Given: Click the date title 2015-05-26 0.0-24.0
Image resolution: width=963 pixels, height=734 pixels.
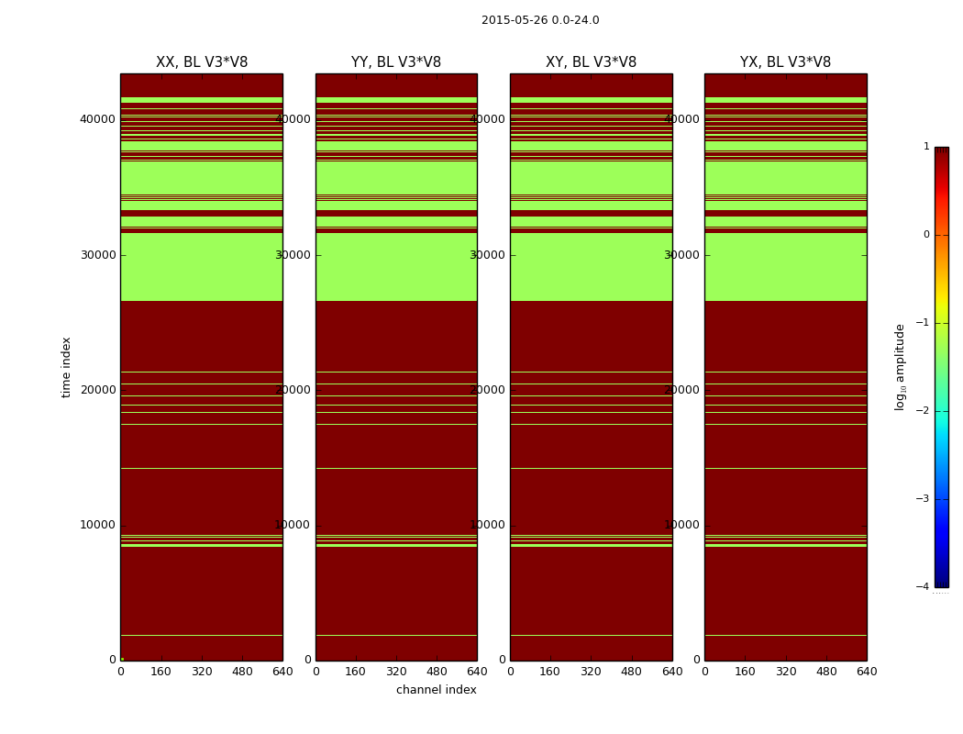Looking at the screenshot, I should pos(540,20).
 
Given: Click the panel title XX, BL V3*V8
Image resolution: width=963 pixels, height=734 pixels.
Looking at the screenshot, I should pos(202,62).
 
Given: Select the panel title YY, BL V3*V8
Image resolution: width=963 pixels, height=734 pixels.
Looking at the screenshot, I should pos(396,62).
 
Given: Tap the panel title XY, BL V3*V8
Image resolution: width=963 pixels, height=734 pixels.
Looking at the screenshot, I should pos(591,62).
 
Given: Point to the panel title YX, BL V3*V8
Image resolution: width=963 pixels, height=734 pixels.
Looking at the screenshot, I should pos(785,62).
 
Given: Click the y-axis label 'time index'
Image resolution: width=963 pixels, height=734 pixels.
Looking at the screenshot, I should pos(66,366).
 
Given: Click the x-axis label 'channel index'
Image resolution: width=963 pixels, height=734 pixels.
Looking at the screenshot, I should pos(437,690).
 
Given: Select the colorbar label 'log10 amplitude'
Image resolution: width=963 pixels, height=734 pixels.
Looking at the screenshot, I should pos(901,366).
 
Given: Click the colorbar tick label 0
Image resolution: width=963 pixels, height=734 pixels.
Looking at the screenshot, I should pos(926,235).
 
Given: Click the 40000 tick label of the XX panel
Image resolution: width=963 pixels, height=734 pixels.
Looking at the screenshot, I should pos(97,119).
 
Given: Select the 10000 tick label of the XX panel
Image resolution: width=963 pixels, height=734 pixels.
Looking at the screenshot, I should pos(97,525).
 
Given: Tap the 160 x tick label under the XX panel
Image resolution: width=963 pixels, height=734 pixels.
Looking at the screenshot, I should pos(161,672).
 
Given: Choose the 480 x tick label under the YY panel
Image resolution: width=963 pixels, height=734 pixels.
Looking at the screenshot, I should pos(437,672).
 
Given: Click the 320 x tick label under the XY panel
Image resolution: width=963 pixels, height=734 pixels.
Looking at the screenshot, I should pos(591,672).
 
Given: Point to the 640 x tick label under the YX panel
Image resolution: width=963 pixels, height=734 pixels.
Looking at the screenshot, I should pos(867,672).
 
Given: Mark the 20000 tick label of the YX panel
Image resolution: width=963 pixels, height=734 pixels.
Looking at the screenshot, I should pos(682,390).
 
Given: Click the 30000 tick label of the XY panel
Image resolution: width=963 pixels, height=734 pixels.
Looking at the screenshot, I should pos(488,255).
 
